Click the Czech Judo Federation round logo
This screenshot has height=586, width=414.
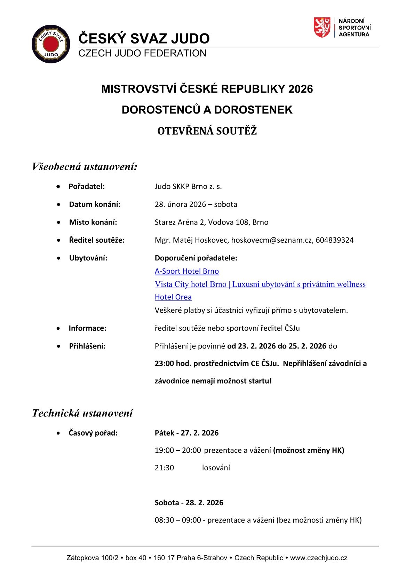[49, 44]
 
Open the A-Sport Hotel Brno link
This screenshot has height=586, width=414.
[186, 271]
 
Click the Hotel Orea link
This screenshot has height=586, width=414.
[173, 297]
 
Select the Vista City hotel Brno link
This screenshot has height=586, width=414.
[260, 284]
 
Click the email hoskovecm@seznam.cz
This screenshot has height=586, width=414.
[272, 240]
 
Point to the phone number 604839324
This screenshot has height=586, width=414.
[335, 240]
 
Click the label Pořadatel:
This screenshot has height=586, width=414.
[87, 186]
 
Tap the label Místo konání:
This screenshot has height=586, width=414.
[93, 222]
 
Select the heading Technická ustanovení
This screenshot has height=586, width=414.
[82, 413]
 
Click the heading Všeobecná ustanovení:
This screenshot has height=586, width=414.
[85, 167]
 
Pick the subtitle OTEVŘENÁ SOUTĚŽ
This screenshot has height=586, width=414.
[207, 131]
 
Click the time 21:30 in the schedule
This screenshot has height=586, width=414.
[164, 468]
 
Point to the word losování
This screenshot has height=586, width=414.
[216, 468]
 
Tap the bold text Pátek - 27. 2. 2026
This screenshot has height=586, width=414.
[186, 433]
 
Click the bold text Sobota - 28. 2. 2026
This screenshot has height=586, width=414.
[189, 502]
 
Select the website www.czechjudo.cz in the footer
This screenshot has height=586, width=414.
[319, 558]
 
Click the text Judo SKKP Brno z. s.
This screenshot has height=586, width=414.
[188, 186]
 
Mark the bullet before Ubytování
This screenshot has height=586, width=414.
[61, 258]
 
